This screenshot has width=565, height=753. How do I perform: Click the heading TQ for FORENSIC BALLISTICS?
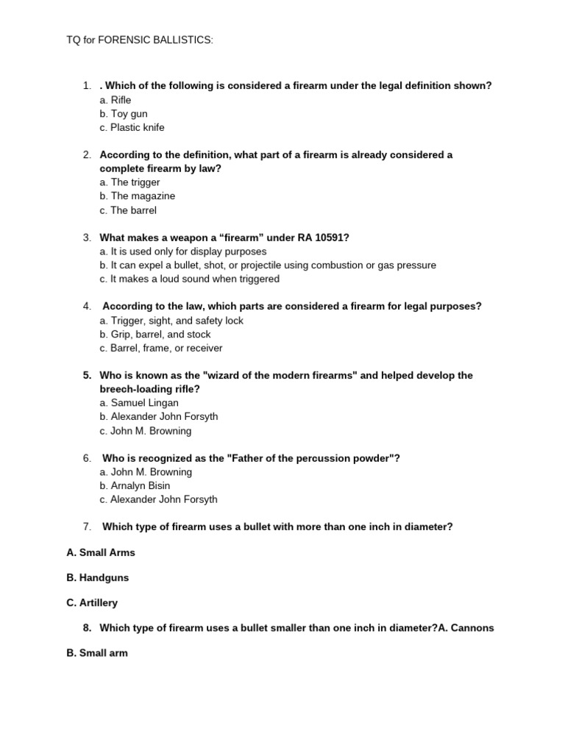pos(140,39)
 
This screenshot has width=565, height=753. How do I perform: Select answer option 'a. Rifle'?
pos(116,99)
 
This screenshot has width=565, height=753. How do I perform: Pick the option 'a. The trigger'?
pos(129,182)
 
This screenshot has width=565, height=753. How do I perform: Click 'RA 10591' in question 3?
pos(319,238)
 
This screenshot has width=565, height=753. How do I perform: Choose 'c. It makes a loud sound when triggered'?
pos(189,279)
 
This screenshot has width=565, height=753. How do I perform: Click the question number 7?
pos(87,527)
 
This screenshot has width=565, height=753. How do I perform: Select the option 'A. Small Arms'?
pos(101,552)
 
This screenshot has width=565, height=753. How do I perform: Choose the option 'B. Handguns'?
pos(97,578)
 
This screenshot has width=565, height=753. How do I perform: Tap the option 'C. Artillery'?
pos(92,603)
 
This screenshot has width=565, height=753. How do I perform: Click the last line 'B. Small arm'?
pos(97,653)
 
